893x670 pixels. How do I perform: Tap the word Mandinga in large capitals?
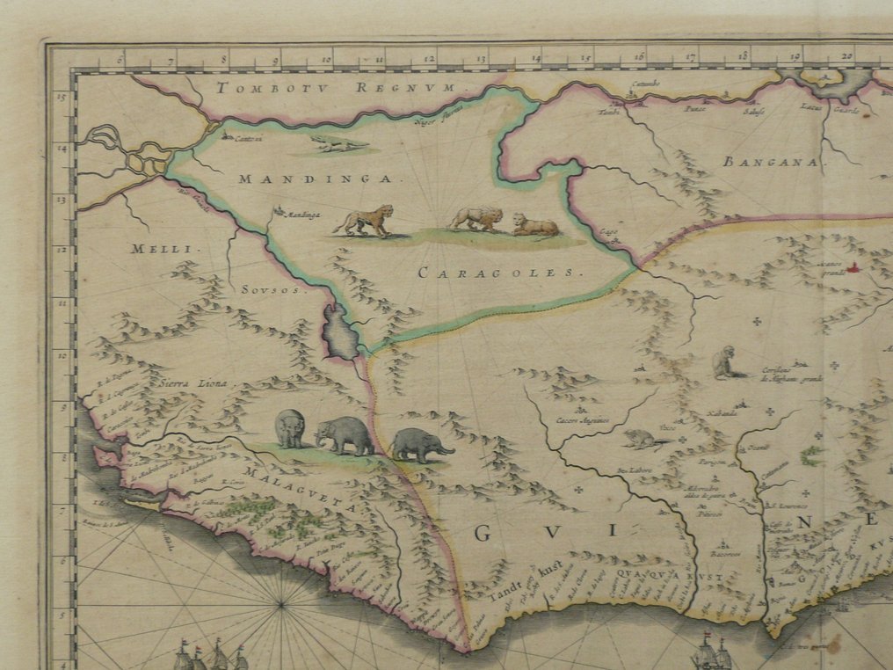[314, 178]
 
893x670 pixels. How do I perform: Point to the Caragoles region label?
[500, 273]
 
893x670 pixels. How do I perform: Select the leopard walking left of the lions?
[365, 220]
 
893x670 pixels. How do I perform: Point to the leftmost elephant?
[290, 429]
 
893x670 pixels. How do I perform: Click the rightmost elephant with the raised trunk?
[420, 444]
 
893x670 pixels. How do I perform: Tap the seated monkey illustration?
[725, 363]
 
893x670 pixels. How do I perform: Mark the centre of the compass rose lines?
[281, 603]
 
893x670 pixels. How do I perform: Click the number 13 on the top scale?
[480, 60]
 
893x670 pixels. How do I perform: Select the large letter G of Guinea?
[483, 533]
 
